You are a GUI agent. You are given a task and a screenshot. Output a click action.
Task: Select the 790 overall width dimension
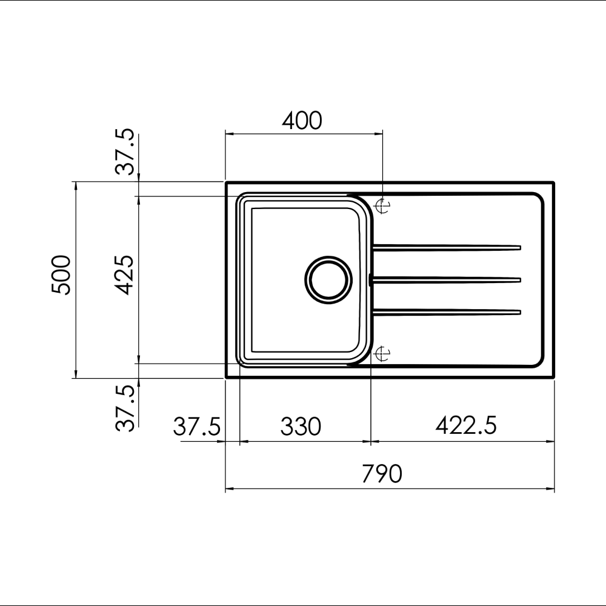pos(382,473)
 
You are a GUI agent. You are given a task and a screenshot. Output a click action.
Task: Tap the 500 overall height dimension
pos(61,275)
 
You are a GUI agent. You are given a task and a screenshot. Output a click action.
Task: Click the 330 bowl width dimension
pos(300,427)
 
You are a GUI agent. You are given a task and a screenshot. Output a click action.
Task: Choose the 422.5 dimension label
pos(465,426)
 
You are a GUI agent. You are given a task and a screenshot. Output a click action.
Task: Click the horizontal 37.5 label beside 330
pos(196,427)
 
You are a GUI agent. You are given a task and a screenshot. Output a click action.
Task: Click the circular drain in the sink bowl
pos(328,279)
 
